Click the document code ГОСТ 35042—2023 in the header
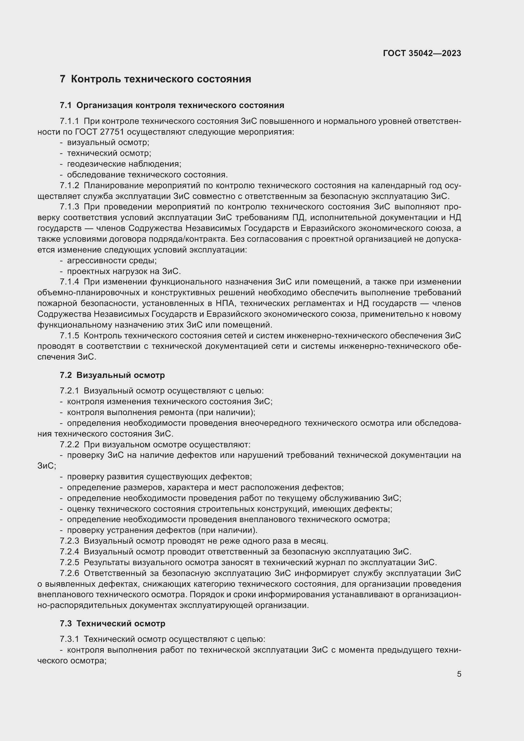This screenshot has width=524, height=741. point(422,54)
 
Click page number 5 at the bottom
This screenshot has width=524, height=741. point(459,674)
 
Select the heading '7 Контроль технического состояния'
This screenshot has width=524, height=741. point(155,80)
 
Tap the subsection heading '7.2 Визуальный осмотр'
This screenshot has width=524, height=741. point(112,375)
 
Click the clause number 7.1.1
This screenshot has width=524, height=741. point(69,121)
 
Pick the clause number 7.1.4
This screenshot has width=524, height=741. point(69,282)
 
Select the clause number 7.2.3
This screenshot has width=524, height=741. point(69,541)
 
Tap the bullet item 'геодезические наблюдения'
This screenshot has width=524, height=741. point(124,164)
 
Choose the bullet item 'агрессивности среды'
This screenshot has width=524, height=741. point(112,260)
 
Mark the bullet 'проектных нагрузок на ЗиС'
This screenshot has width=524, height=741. point(124,271)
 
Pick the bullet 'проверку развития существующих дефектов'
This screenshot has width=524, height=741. point(159,477)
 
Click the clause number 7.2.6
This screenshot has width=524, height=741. point(69,573)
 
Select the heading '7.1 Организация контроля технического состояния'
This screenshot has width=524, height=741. point(172,105)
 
